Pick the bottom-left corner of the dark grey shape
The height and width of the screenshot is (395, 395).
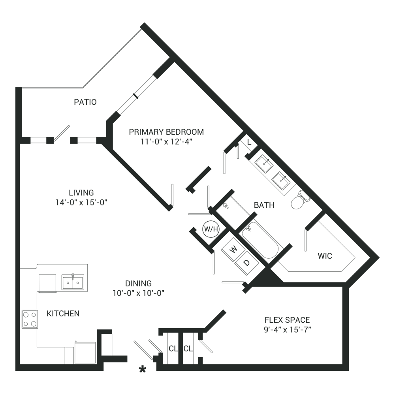16,372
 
